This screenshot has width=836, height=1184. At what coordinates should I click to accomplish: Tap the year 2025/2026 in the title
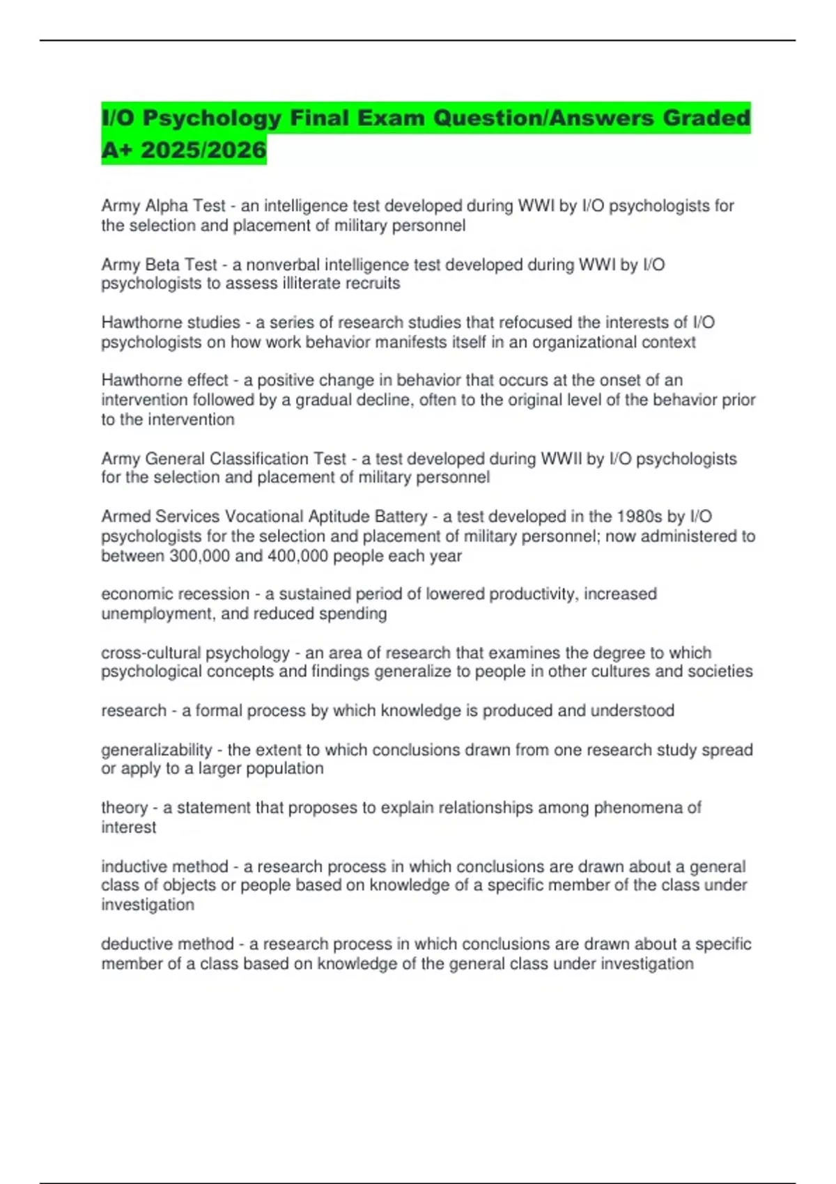pyautogui.click(x=203, y=150)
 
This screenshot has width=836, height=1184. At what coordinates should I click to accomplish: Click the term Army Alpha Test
pyautogui.click(x=163, y=206)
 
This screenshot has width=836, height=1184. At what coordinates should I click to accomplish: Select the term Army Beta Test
pyautogui.click(x=159, y=265)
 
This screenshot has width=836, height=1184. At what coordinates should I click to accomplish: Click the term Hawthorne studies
pyautogui.click(x=171, y=322)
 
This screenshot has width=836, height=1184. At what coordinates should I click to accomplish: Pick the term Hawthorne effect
pyautogui.click(x=164, y=380)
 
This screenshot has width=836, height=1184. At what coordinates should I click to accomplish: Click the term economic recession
pyautogui.click(x=175, y=594)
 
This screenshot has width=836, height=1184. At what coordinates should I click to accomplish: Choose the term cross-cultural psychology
pyautogui.click(x=195, y=653)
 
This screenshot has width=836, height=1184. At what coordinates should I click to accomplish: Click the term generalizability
pyautogui.click(x=156, y=750)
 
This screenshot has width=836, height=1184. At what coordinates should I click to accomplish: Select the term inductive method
pyautogui.click(x=164, y=866)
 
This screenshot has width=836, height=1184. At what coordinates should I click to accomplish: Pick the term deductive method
pyautogui.click(x=167, y=944)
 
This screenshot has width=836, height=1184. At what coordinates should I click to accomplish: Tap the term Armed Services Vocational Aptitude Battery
pyautogui.click(x=264, y=517)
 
